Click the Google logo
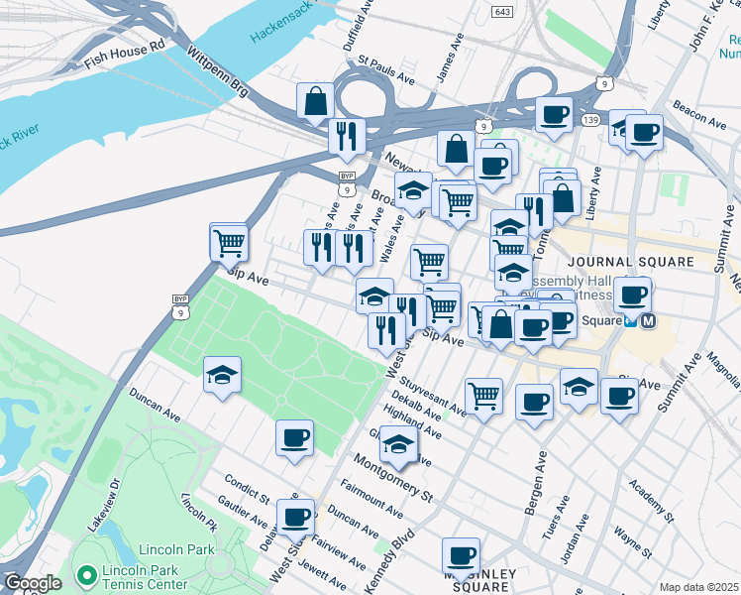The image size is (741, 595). (32, 583)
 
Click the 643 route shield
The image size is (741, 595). (502, 10)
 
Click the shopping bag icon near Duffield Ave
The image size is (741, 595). (315, 100)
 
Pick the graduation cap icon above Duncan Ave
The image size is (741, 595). (222, 376)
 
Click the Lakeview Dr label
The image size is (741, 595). (103, 506)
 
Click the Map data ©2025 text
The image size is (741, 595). (698, 587)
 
